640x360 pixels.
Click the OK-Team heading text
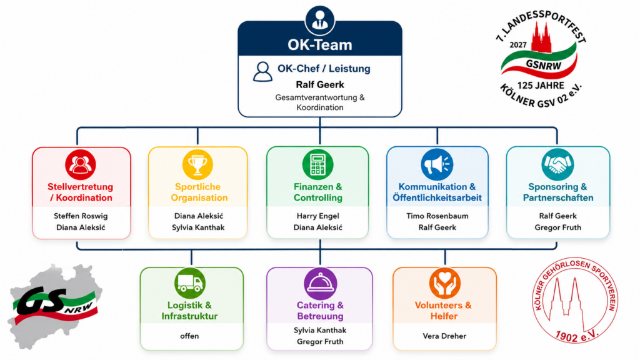[319, 45]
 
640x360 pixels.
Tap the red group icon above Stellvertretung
[81, 164]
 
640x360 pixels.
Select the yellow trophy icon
[197, 164]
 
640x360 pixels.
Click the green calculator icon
[317, 164]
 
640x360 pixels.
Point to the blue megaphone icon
[437, 164]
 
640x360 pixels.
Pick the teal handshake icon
[557, 164]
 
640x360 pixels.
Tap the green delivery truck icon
[190, 283]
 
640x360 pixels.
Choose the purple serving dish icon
[321, 283]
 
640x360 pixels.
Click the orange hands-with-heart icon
[445, 283]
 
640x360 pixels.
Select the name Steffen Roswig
[81, 216]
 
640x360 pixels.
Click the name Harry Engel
[317, 216]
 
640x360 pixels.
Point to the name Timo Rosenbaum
[437, 216]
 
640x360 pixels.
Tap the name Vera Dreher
[444, 336]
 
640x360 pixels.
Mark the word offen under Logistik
[189, 336]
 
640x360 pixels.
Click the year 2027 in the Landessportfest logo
[518, 45]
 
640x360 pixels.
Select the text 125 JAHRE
[541, 85]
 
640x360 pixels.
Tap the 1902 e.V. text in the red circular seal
[576, 335]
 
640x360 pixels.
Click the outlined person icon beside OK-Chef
[262, 72]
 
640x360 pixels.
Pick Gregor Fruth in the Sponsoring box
[558, 227]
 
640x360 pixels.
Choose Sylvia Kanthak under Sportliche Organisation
[198, 227]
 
